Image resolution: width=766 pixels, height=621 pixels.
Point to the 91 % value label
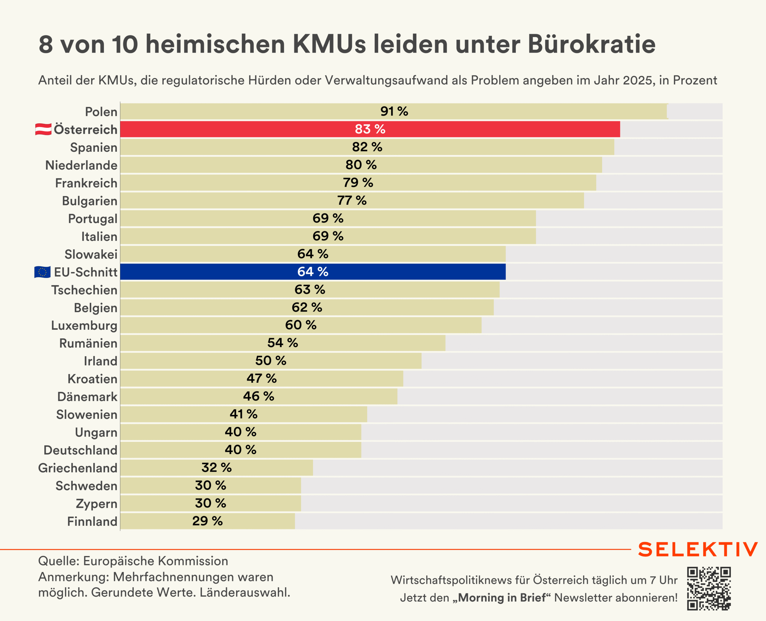coord(394,111)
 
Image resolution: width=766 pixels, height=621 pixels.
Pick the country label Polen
coord(101,112)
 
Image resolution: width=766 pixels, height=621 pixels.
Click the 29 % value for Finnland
coord(207,521)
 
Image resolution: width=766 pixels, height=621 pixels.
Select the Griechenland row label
coord(77,468)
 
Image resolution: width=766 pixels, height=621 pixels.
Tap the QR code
coord(709,588)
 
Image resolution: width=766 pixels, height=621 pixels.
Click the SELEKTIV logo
coord(698,549)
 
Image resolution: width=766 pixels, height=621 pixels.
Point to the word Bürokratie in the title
coord(592,44)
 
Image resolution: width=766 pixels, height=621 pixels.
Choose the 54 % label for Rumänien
coord(282,343)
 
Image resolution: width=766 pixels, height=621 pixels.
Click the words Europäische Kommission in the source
coord(156,561)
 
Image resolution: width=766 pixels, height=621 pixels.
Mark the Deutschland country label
coord(80,450)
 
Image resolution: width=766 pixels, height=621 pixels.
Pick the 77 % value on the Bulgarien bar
coord(352,200)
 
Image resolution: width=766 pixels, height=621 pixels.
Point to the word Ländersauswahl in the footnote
coord(244,592)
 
